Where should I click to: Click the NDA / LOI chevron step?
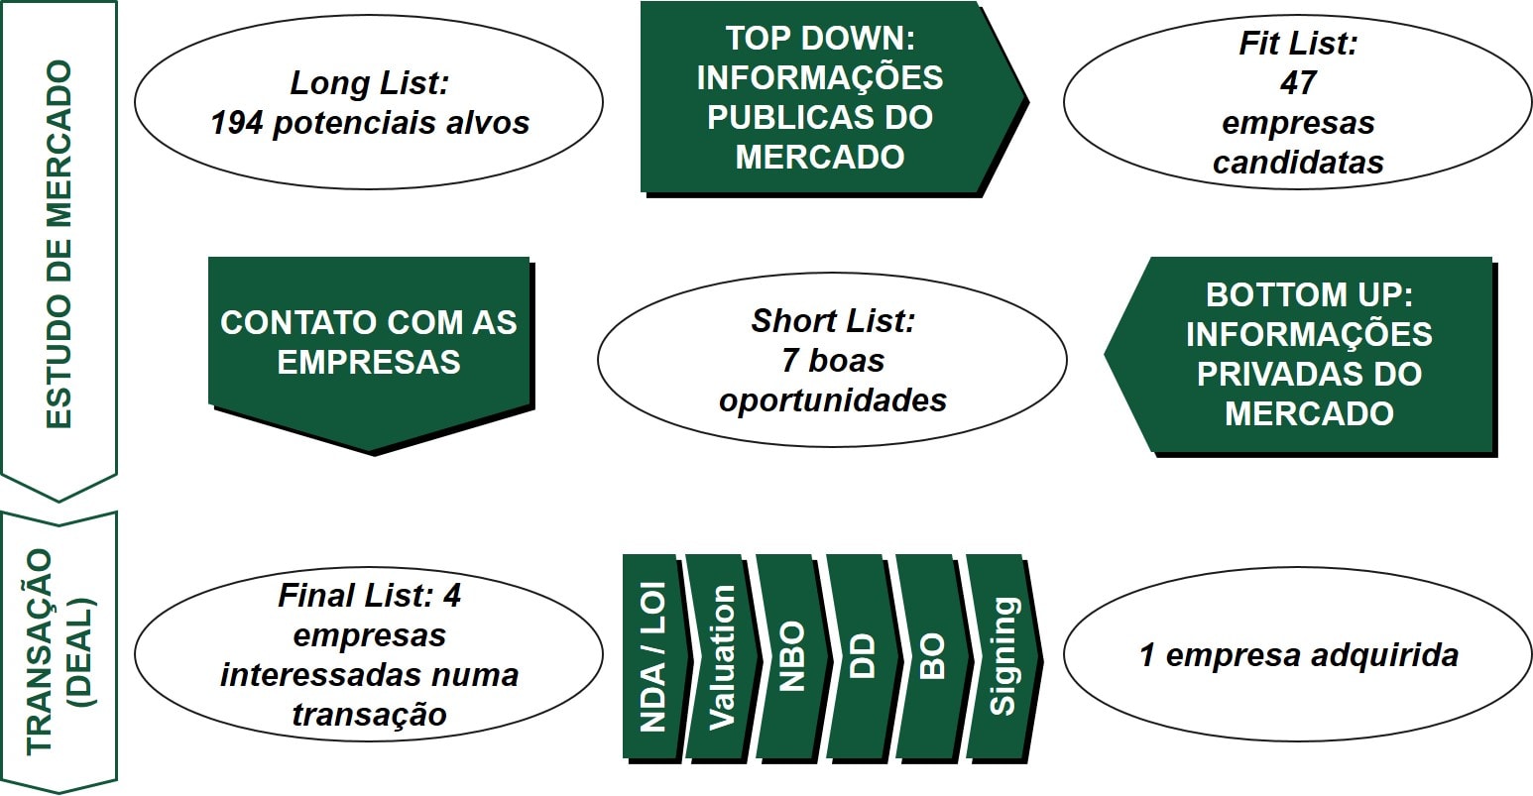click(x=651, y=656)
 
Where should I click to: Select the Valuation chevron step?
click(x=722, y=656)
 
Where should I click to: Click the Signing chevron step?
click(x=1002, y=656)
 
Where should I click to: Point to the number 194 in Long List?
click(x=234, y=123)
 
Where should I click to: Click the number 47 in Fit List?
click(x=1297, y=84)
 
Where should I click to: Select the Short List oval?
click(x=832, y=361)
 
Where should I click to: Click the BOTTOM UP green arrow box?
click(x=1309, y=354)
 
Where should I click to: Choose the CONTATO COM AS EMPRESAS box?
click(x=369, y=342)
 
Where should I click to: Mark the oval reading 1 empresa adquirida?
click(x=1298, y=655)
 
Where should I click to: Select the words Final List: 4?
click(x=369, y=596)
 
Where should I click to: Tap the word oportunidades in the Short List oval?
click(x=832, y=400)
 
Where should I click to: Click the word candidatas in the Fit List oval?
click(x=1297, y=163)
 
